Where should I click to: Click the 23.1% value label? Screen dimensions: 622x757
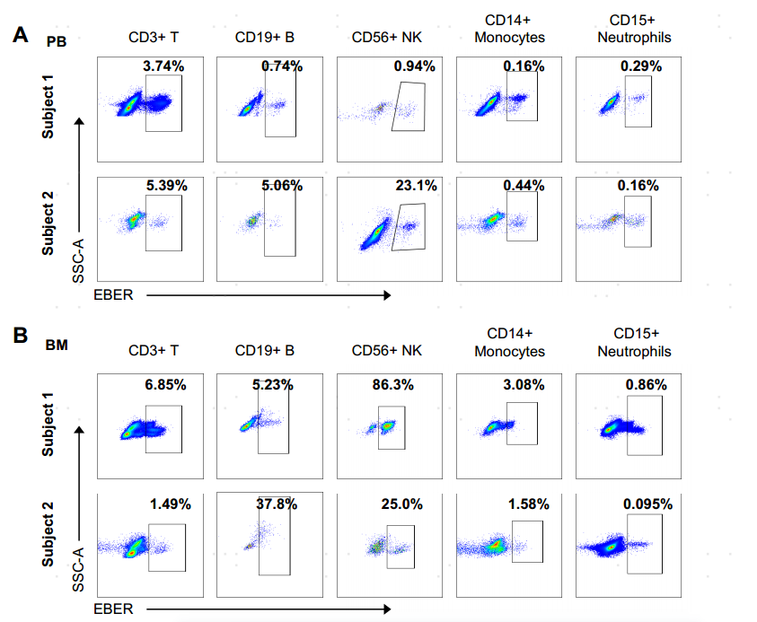coord(416,186)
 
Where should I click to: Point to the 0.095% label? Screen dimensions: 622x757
coord(647,504)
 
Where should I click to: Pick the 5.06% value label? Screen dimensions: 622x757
coord(281,186)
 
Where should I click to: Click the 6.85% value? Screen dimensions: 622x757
coord(165,384)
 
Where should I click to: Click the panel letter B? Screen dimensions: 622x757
coord(22,336)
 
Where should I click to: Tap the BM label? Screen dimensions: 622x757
coord(57,344)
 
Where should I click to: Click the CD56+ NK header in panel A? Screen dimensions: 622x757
coord(387,38)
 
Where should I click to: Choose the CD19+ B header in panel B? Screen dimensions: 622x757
coord(265,351)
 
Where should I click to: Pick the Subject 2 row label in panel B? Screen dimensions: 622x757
coord(47,535)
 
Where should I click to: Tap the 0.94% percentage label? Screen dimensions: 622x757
coord(415,66)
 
